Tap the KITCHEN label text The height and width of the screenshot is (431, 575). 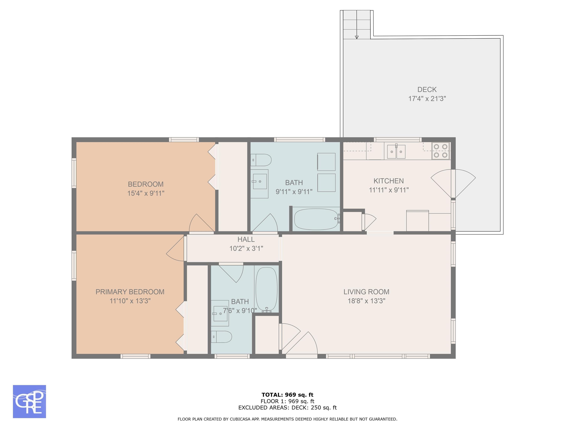click(x=389, y=181)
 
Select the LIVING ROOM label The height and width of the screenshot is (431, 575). click(x=366, y=292)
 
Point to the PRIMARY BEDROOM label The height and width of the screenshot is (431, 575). click(x=130, y=292)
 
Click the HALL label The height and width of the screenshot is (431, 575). click(x=246, y=239)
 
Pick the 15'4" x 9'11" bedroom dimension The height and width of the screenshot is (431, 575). click(x=146, y=193)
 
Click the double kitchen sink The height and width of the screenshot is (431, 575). click(x=396, y=152)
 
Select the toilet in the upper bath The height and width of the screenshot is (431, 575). click(x=261, y=160)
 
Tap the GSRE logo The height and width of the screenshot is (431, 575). click(x=29, y=402)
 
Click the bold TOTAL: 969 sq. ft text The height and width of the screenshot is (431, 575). click(x=287, y=395)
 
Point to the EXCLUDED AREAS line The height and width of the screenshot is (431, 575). click(x=287, y=408)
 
